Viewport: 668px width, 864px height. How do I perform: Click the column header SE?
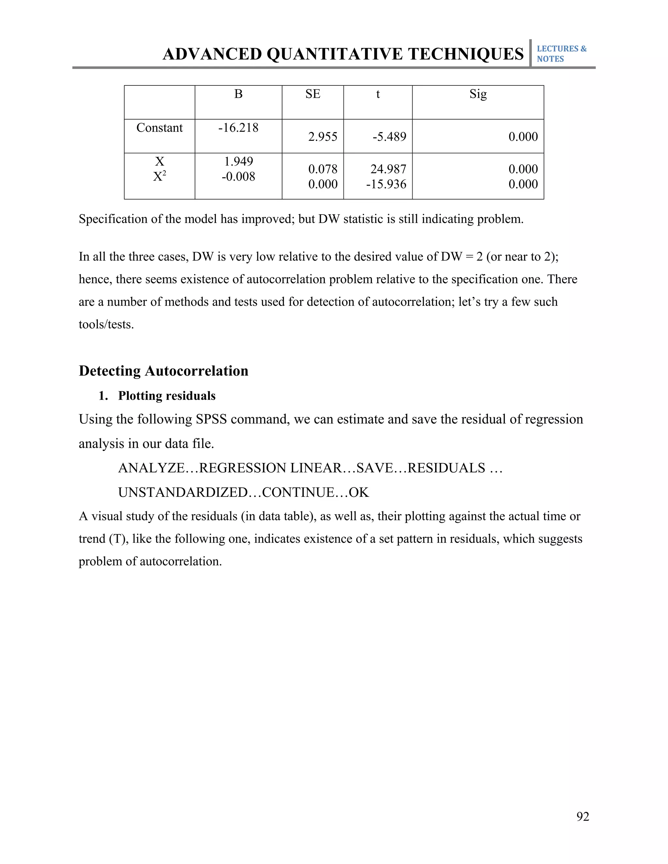[x=312, y=94]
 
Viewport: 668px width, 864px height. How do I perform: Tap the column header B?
[x=238, y=94]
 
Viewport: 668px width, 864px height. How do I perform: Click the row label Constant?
[x=159, y=128]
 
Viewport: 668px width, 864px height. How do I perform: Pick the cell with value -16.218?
[x=238, y=128]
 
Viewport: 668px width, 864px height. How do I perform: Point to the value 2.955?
[x=323, y=137]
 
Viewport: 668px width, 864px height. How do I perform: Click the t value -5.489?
[x=389, y=137]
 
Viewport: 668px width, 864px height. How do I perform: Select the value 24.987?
[x=388, y=169]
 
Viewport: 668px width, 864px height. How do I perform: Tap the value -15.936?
[x=386, y=184]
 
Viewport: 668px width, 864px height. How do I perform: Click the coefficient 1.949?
[x=238, y=161]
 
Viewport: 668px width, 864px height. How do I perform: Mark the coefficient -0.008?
[x=238, y=176]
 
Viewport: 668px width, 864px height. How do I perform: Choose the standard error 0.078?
[x=323, y=169]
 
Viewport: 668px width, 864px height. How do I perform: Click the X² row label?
[x=159, y=176]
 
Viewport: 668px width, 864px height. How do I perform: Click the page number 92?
[x=583, y=816]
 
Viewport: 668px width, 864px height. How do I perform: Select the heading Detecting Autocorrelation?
[x=163, y=371]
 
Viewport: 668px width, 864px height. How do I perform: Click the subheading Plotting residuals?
[x=167, y=396]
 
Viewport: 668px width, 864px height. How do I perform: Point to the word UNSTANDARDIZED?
[x=182, y=493]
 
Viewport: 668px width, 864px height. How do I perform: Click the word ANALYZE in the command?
[x=151, y=468]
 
